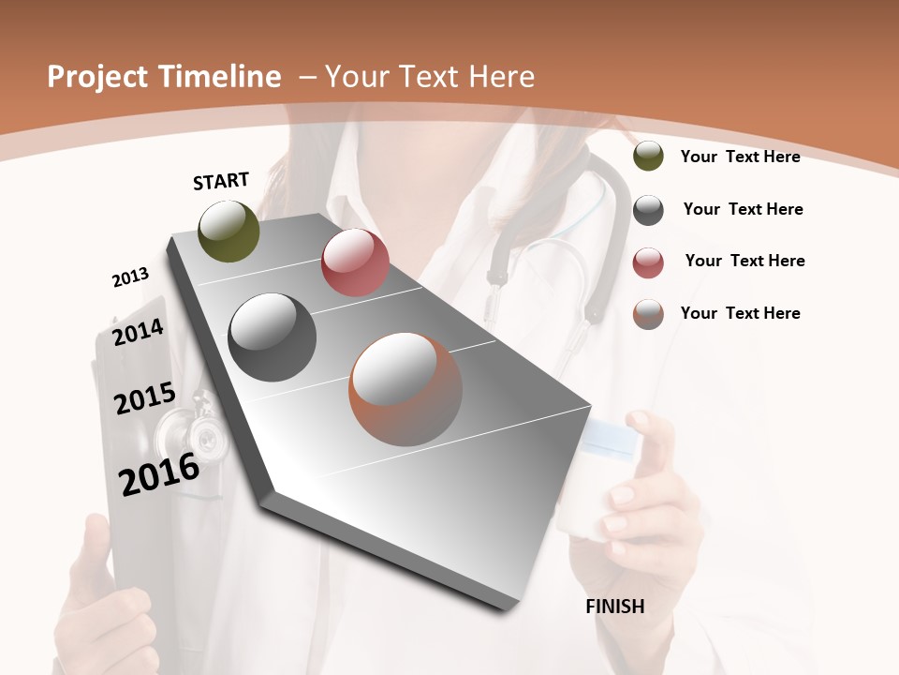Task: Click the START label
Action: click(221, 181)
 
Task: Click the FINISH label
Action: click(615, 607)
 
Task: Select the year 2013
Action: click(131, 277)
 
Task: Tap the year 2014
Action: click(139, 332)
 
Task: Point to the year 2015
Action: click(145, 399)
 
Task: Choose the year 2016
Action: click(159, 473)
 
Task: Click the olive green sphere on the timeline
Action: click(229, 231)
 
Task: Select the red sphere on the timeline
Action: click(355, 262)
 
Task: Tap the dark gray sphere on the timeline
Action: click(273, 337)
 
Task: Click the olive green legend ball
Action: click(648, 157)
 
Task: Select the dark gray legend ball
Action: click(648, 210)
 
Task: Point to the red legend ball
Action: click(648, 262)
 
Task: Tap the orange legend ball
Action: click(648, 314)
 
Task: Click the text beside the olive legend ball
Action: click(740, 157)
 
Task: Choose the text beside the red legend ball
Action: click(744, 261)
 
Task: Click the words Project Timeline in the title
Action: click(164, 77)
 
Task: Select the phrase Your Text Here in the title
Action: click(429, 77)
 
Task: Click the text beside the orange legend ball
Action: click(740, 313)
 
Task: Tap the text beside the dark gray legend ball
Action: click(743, 209)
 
